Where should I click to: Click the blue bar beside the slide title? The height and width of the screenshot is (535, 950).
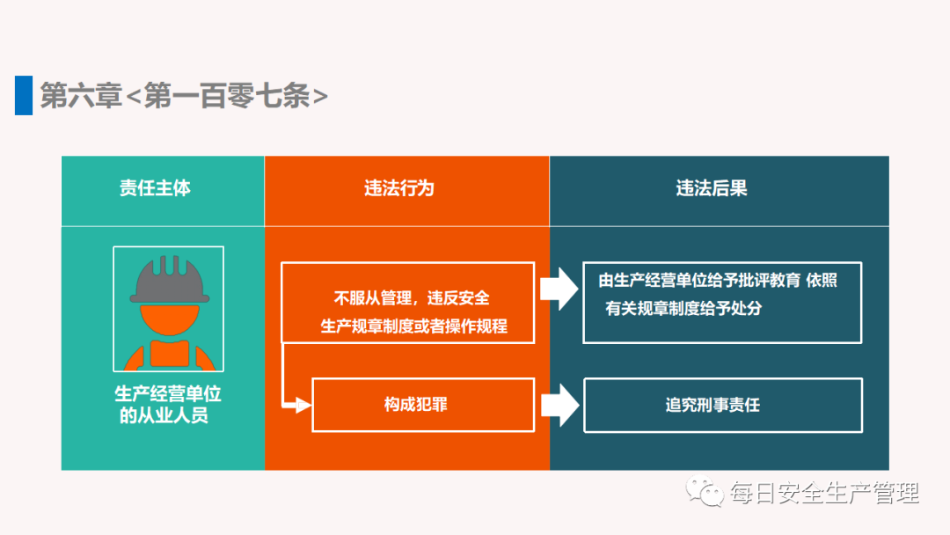(24, 95)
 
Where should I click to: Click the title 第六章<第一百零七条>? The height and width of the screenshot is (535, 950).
(184, 96)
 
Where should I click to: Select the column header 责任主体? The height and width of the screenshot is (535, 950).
(155, 187)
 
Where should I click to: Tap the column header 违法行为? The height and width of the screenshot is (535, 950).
(399, 188)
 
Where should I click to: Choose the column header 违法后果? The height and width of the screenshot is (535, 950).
(712, 188)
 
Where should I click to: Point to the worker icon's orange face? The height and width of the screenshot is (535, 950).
(170, 319)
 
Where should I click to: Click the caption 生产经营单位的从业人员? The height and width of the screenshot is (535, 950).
(167, 404)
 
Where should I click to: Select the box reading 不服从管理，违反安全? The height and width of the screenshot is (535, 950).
(408, 303)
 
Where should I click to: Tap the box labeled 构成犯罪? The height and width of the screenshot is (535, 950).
(423, 405)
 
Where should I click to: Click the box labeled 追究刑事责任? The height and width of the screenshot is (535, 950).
(723, 405)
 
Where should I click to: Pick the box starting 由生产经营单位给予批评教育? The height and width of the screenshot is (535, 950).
(722, 303)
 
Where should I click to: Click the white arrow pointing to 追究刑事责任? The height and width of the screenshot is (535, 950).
(559, 405)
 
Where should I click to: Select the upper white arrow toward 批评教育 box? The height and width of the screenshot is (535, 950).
(559, 289)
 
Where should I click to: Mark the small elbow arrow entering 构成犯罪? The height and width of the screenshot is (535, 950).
(296, 375)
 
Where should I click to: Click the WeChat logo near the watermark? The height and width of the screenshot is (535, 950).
(705, 491)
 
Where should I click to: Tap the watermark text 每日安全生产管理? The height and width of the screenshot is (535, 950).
(824, 493)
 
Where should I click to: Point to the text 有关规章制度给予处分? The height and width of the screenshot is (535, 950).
(683, 308)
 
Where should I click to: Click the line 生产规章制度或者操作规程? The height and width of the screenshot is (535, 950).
(413, 326)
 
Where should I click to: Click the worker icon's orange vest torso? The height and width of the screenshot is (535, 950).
(170, 355)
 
